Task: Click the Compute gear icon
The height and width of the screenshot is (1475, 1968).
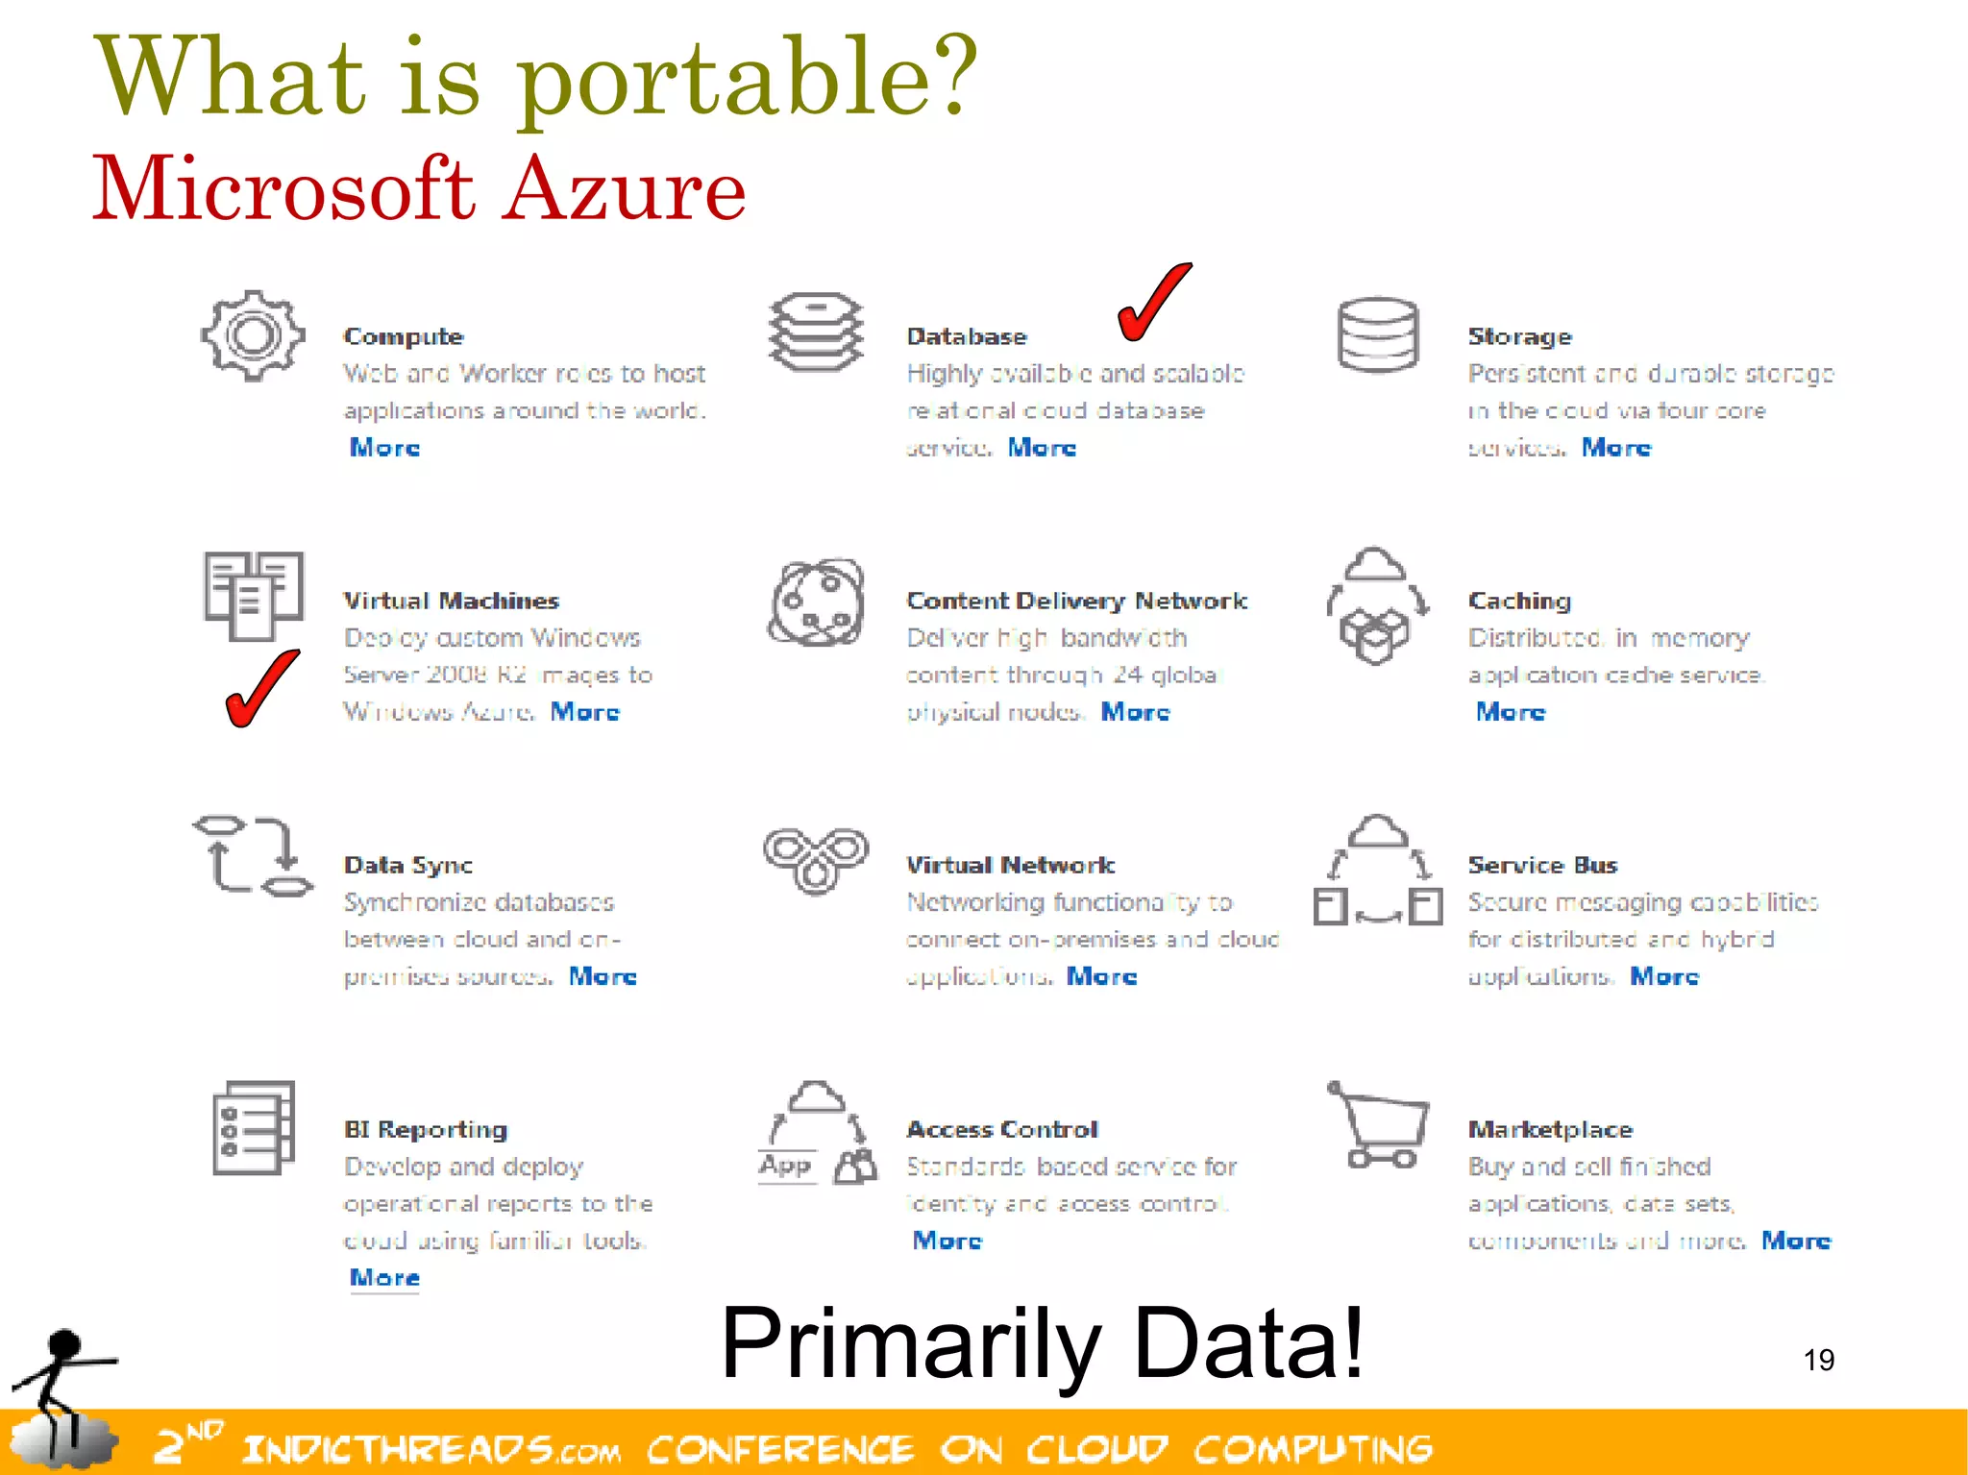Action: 253,335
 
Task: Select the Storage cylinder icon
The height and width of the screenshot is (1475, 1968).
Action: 1377,334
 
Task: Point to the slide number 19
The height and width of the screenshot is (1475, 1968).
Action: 1818,1360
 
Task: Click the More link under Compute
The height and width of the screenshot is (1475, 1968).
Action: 384,448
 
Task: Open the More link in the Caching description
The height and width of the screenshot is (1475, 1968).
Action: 1511,712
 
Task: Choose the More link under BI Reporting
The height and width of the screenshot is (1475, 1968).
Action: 384,1278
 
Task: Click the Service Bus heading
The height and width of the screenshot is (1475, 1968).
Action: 1542,865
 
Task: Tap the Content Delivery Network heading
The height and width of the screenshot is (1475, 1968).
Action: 1076,601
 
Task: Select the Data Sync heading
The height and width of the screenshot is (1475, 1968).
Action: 408,865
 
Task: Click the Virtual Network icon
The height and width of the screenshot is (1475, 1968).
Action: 815,859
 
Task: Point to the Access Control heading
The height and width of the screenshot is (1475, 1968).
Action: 1002,1129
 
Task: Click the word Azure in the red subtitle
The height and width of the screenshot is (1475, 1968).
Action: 625,188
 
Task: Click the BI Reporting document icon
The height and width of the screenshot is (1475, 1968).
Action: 253,1128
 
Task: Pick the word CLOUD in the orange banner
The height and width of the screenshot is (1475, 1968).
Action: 1096,1449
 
